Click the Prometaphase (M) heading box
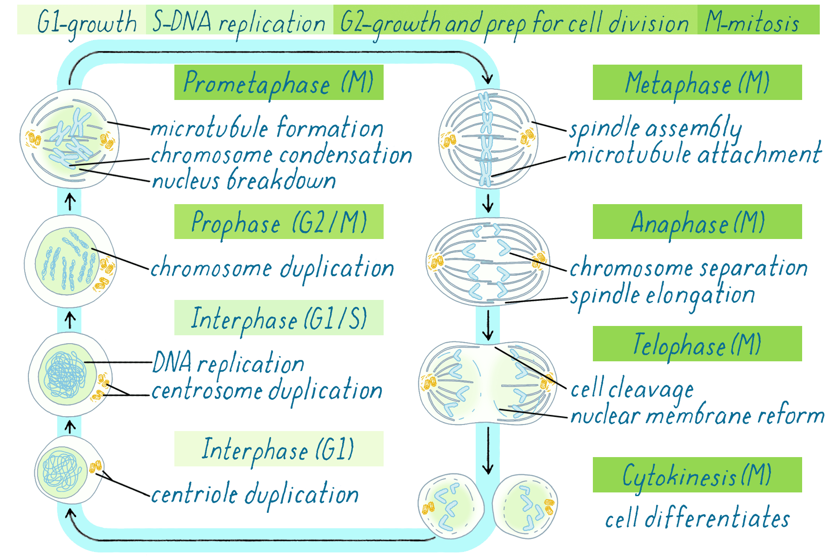point(279,82)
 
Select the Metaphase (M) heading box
point(697,82)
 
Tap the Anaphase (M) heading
point(697,222)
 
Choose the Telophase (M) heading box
point(697,344)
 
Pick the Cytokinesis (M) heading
point(697,475)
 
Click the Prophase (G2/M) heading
point(279,222)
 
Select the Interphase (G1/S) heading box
point(279,318)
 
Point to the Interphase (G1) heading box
point(279,449)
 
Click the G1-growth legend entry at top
point(82,20)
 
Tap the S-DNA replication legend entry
point(240,20)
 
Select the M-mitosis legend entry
point(758,20)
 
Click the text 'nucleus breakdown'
point(244,180)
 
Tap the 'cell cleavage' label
point(632,389)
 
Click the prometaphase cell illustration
point(70,139)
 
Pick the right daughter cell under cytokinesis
point(525,506)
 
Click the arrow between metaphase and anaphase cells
point(488,203)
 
